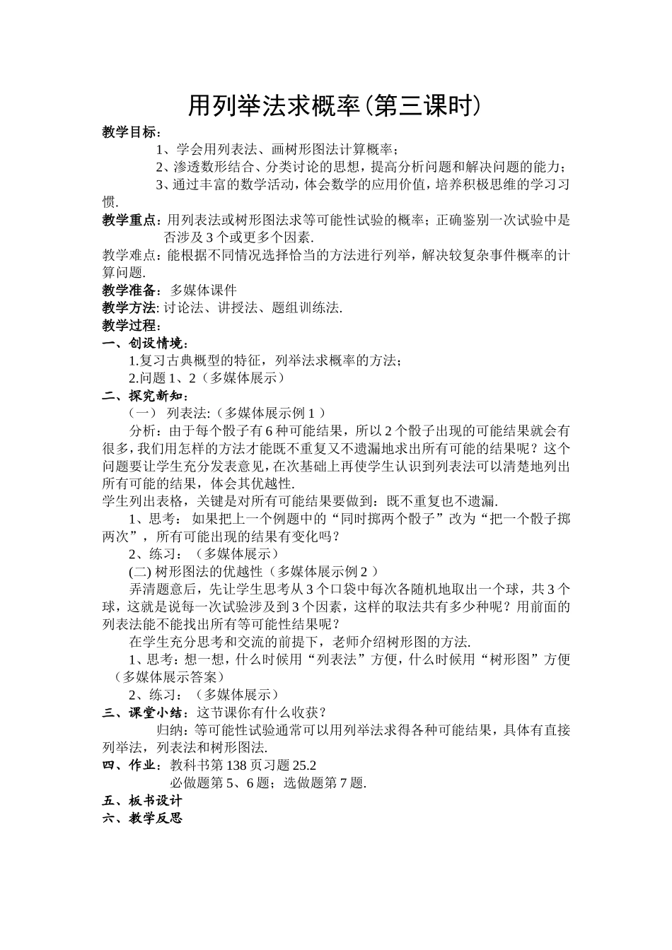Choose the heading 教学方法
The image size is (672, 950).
click(x=129, y=307)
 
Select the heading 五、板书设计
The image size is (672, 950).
click(x=142, y=800)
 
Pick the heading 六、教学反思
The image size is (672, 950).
click(x=142, y=818)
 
